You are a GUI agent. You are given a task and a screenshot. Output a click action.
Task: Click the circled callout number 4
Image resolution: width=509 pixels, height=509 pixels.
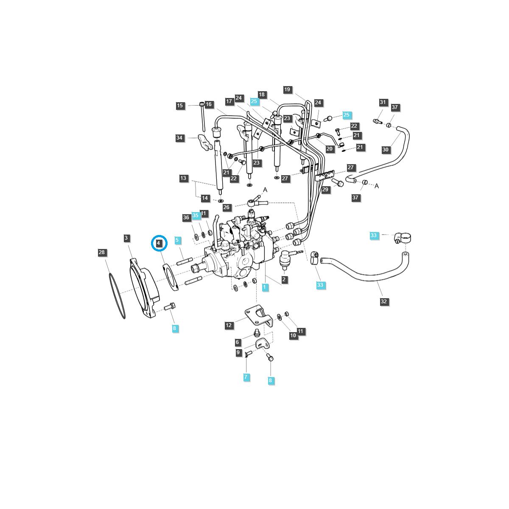click(x=159, y=243)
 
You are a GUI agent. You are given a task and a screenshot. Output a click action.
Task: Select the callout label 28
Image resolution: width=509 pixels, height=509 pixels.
click(x=102, y=252)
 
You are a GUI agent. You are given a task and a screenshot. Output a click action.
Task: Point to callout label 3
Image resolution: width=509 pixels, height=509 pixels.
click(x=126, y=238)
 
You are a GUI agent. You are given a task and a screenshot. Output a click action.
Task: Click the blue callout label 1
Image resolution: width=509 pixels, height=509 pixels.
click(x=265, y=287)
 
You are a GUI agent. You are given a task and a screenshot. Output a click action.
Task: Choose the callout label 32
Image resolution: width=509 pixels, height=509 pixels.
click(x=383, y=302)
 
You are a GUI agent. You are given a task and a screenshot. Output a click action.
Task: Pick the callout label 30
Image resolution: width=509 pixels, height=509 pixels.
click(x=385, y=150)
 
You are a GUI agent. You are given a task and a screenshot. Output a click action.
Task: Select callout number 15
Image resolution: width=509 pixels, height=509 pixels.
click(x=180, y=106)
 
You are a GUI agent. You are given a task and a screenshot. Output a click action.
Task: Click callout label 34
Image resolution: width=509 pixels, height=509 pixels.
click(x=180, y=138)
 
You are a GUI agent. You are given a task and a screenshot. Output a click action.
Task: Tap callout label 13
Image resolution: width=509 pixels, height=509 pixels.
click(x=183, y=178)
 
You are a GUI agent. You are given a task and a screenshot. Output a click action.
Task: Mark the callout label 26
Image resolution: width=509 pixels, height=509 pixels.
click(x=227, y=207)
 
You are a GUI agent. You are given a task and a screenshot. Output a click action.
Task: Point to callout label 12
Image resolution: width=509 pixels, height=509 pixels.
click(x=229, y=325)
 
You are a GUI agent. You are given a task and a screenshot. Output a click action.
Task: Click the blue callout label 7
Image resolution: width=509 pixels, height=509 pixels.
click(x=246, y=377)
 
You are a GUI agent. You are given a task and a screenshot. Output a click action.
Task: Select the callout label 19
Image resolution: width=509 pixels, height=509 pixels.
click(x=288, y=89)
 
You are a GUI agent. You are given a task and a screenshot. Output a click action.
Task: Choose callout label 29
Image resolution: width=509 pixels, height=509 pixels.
click(x=325, y=190)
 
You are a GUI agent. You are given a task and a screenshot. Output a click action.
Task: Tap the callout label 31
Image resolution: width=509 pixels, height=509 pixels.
click(x=383, y=102)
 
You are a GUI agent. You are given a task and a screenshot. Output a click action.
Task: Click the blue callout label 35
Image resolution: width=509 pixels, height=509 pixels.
click(x=195, y=215)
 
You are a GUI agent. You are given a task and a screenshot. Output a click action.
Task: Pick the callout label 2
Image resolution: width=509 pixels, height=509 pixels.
click(x=284, y=280)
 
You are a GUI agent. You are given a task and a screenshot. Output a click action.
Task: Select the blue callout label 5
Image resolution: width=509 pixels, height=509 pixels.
click(x=177, y=240)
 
